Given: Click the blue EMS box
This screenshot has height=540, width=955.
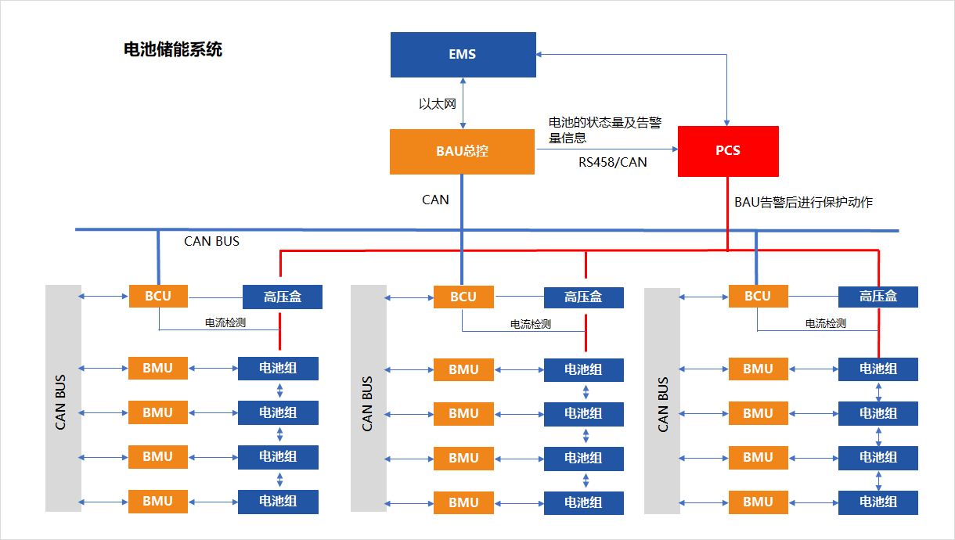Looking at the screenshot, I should click(463, 54).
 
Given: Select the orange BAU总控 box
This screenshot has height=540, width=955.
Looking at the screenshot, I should click(462, 151).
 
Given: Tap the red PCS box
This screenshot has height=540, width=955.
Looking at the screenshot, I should click(728, 150).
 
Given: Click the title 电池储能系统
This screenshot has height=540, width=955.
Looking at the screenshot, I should click(173, 50).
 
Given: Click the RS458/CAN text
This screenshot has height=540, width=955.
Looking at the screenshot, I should click(613, 163).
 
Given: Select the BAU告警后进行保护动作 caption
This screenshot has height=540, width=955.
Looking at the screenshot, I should click(803, 202).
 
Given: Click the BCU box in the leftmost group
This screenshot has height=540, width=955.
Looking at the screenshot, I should click(159, 296).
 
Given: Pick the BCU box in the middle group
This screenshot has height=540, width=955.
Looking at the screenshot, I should click(463, 297).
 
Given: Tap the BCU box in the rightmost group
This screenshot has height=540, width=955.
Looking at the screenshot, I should click(758, 296).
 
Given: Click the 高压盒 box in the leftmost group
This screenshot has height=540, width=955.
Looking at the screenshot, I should click(282, 297).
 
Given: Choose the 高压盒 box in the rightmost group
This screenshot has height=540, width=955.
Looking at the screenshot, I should click(878, 297).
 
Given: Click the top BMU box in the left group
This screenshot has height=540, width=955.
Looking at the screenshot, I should click(158, 368).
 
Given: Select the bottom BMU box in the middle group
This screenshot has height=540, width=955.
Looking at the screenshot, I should click(463, 502).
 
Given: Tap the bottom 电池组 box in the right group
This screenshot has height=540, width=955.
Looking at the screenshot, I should click(878, 502).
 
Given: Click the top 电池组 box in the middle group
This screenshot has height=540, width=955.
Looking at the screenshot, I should click(583, 369).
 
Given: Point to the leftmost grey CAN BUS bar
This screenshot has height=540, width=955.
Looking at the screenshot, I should click(63, 399).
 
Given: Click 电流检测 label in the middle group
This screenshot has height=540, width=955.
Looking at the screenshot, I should click(531, 324).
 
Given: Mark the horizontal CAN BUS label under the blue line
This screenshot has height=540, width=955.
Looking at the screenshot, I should click(211, 241).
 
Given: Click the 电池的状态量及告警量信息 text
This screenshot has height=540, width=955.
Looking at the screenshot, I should click(604, 130).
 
